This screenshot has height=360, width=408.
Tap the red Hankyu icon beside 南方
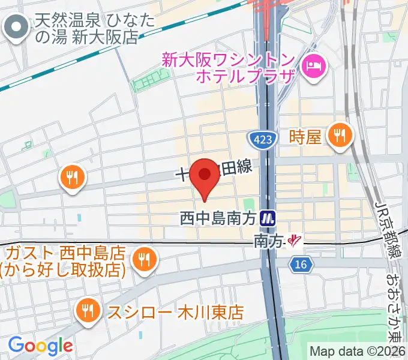[294, 241]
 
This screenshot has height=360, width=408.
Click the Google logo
[40, 345]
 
